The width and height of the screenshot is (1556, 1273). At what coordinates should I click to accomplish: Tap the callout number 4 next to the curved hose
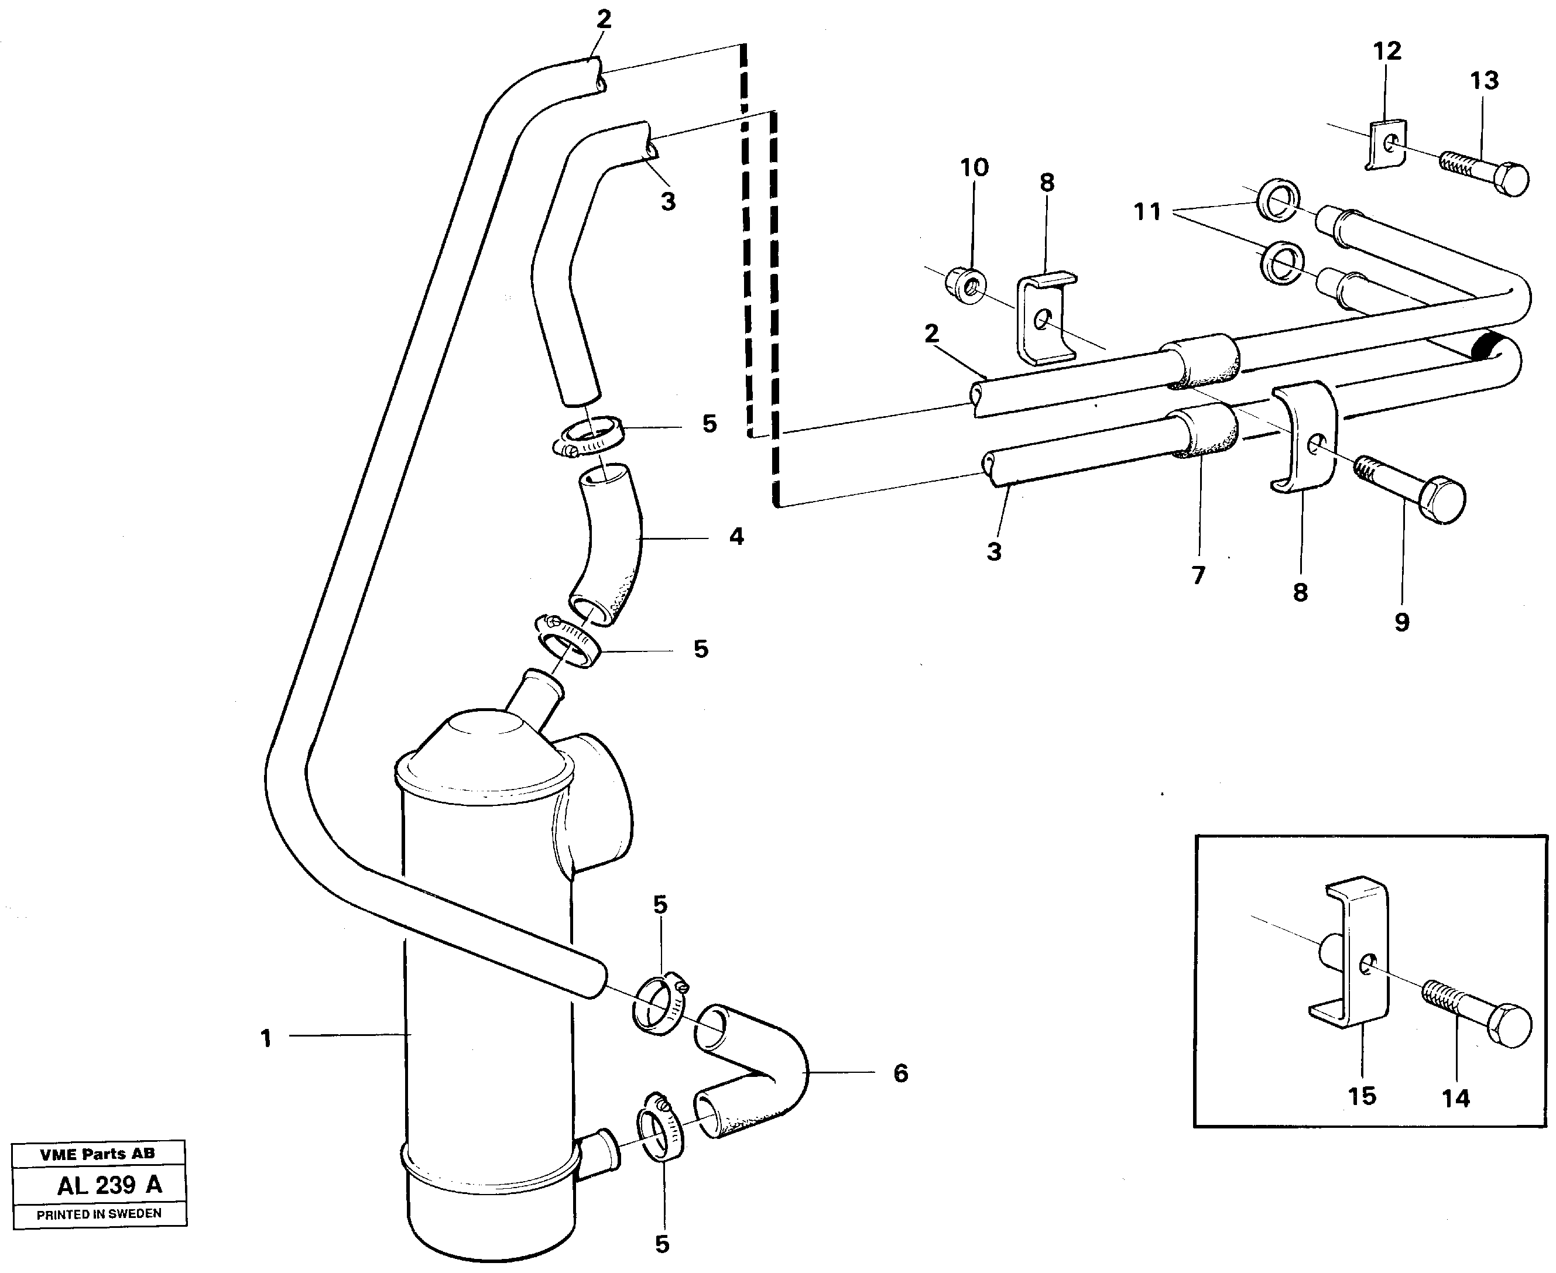coord(736,537)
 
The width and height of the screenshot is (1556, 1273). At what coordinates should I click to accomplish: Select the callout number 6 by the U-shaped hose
coord(900,1073)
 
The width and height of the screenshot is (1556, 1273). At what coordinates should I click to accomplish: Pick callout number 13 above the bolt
coord(1484,81)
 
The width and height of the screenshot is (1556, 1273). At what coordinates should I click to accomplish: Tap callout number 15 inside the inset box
coord(1362,1096)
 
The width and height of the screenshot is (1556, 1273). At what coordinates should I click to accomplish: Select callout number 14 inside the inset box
coord(1455,1099)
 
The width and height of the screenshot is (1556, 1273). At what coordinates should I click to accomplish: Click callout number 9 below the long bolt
coord(1401,623)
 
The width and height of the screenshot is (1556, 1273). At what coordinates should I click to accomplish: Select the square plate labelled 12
coord(1387,145)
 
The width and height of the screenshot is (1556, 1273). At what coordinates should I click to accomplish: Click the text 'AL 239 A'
coord(109,1185)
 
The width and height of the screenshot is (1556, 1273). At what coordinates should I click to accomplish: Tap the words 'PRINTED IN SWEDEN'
coord(99,1214)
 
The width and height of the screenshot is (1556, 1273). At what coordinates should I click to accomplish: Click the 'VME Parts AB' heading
coord(98,1154)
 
